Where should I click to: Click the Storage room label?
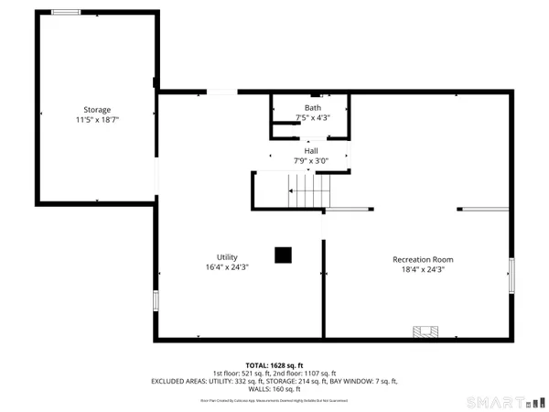pos(98,110)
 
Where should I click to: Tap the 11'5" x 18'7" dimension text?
pos(98,120)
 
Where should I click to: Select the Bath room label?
pos(313,108)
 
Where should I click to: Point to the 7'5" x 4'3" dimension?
pos(313,118)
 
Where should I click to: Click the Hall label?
pos(311,151)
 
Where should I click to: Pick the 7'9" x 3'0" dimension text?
pos(311,161)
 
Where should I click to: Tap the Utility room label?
pos(227,257)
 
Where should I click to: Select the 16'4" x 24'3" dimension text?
pos(227,267)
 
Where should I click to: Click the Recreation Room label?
pos(423,259)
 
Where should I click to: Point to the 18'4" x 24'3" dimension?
pos(423,269)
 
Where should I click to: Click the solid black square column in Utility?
pos(284,255)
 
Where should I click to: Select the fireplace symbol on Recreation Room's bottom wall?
pos(425,331)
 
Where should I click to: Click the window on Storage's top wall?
pos(65,12)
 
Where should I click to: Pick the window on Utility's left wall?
pos(156,300)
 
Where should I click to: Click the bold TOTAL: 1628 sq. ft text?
pos(274,364)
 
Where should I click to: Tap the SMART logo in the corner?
pos(503,402)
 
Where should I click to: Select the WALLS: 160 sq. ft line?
pos(274,389)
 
